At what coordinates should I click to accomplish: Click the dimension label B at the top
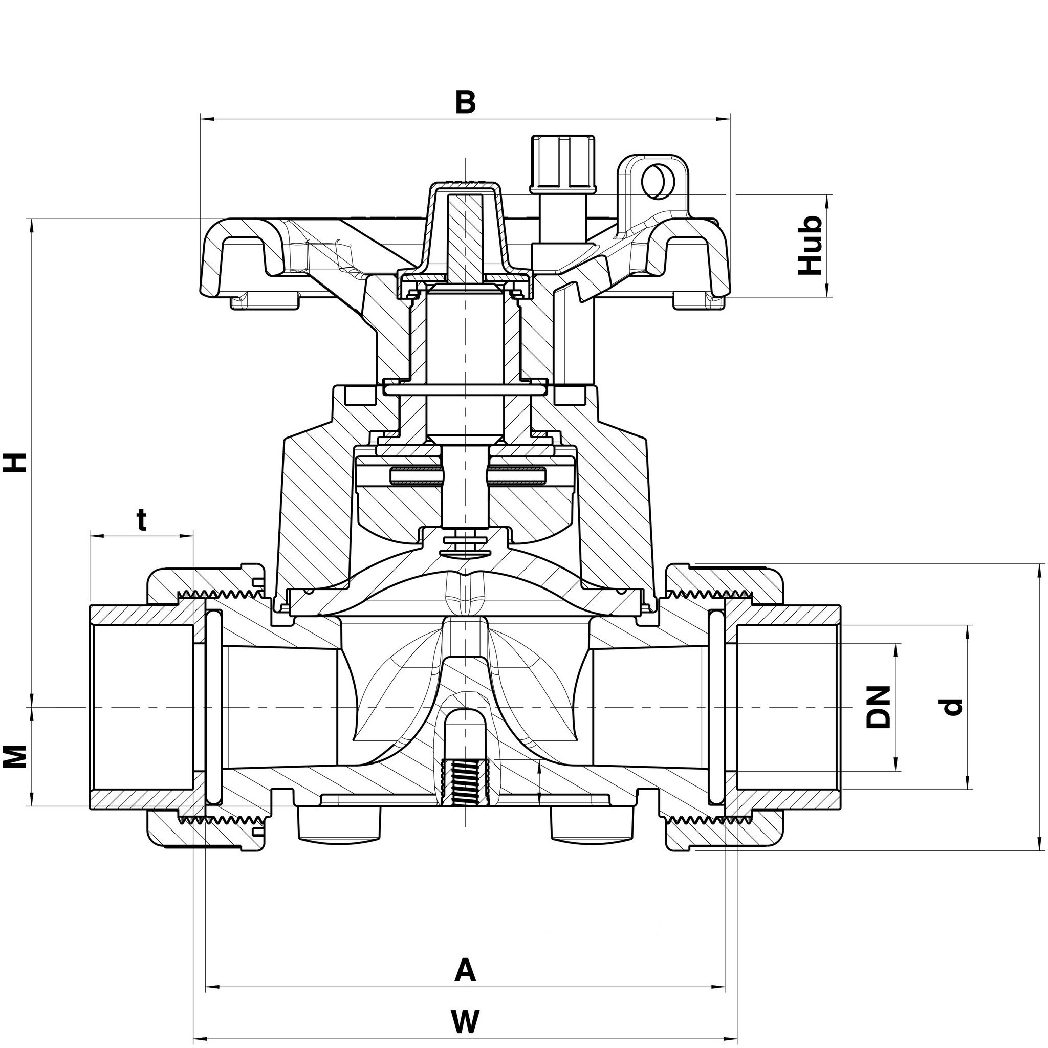pos(465,102)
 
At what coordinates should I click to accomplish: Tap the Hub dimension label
pos(811,245)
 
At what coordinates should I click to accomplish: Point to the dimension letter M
pos(17,757)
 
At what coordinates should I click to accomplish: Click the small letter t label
pos(142,520)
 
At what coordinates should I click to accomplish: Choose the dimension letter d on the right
pos(951,707)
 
